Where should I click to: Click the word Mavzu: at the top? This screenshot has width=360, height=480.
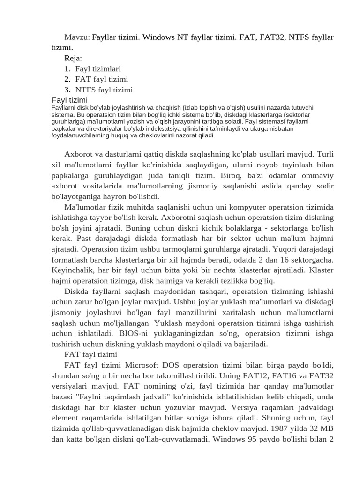[x=77, y=37]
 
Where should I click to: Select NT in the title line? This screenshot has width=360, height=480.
[x=182, y=37]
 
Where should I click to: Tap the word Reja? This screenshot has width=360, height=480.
[x=73, y=58]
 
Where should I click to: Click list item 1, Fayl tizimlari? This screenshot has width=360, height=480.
[x=97, y=69]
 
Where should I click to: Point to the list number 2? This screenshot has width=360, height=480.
[x=67, y=79]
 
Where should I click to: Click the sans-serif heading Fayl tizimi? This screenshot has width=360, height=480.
[x=69, y=100]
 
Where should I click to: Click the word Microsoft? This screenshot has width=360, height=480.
[x=141, y=365]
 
